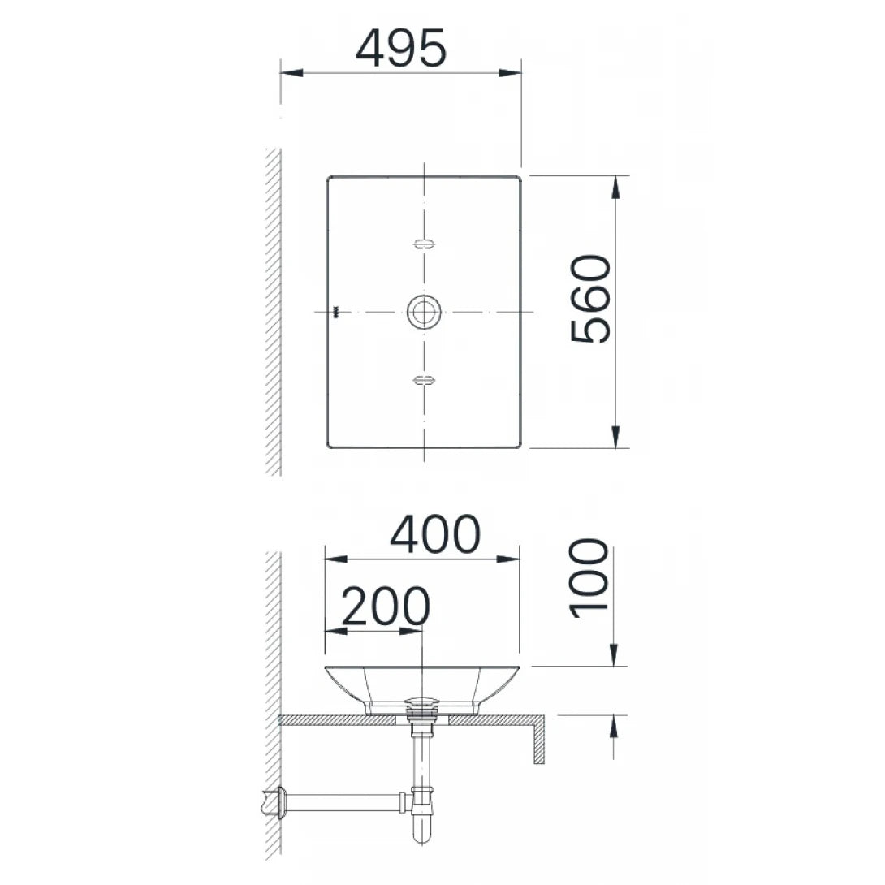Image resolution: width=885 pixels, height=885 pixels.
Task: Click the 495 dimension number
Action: [401, 49]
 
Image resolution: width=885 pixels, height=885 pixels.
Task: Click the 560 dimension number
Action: [590, 299]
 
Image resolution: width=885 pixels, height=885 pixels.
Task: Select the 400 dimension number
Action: [435, 535]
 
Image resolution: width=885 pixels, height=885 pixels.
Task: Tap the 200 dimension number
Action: [385, 607]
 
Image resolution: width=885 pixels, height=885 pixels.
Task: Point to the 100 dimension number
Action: [590, 578]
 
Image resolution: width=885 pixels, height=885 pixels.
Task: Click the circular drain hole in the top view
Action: [424, 312]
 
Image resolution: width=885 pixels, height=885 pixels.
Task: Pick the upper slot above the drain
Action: [424, 244]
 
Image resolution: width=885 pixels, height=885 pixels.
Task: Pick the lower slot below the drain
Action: [424, 379]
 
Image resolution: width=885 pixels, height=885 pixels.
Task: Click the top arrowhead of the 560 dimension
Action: [615, 187]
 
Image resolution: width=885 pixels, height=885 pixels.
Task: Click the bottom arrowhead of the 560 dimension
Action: [615, 437]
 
